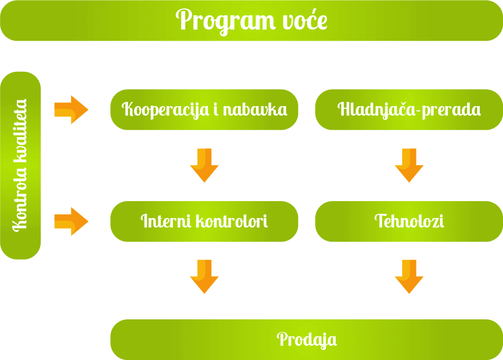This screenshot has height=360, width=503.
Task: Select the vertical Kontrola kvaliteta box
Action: pos(21,165)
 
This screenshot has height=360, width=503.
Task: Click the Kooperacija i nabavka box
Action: pos(204,110)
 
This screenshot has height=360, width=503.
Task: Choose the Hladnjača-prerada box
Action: pos(409,110)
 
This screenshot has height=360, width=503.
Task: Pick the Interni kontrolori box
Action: pos(204,221)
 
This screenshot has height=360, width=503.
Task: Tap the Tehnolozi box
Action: pos(409,221)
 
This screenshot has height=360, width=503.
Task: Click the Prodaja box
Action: pos(307,339)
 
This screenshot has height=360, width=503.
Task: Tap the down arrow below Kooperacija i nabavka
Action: pos(204,165)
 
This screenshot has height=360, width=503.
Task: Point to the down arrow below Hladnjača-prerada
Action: pos(409,165)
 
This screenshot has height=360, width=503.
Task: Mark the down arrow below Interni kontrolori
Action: pos(204,277)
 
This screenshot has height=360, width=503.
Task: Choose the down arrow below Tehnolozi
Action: pos(409,277)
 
